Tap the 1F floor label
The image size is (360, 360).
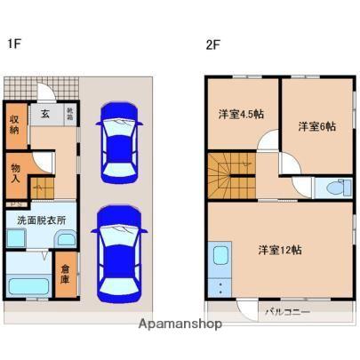(x=14, y=44)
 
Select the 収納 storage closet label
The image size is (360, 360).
(x=15, y=124)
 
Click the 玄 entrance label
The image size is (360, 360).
(x=44, y=113)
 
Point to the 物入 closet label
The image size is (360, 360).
(x=15, y=171)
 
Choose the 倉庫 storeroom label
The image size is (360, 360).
(x=65, y=274)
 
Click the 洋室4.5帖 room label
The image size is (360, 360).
(x=241, y=114)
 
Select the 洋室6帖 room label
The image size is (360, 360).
(x=316, y=126)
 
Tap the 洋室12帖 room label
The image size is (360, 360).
(x=280, y=249)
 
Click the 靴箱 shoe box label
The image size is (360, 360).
(x=71, y=113)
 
